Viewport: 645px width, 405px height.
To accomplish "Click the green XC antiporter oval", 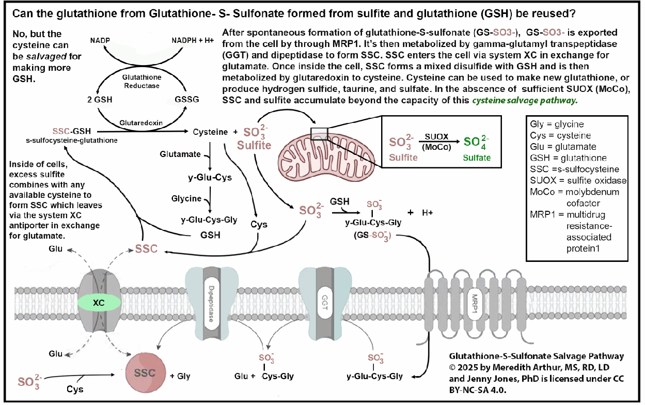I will click(x=99, y=302).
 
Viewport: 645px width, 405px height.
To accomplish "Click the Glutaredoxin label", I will click(x=141, y=123).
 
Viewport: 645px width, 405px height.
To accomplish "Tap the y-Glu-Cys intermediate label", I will click(x=210, y=177).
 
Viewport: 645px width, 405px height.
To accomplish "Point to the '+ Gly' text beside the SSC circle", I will click(x=180, y=376).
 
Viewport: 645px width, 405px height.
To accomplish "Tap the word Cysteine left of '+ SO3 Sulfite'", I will click(x=210, y=132).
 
